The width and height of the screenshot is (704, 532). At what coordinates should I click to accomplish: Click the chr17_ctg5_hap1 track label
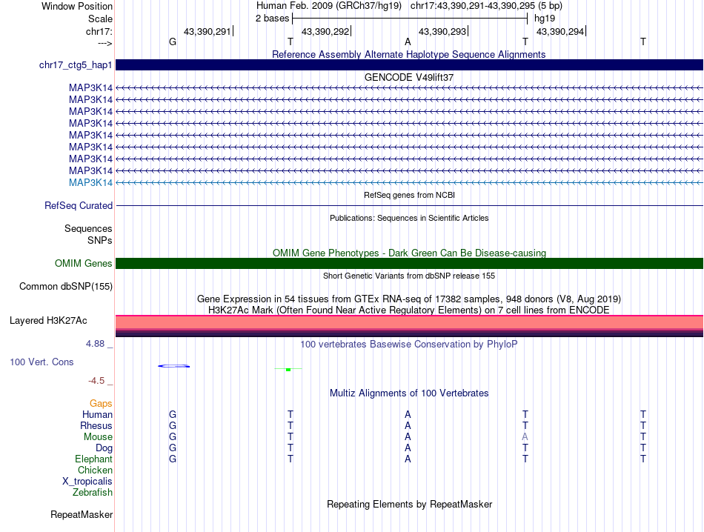click(x=76, y=65)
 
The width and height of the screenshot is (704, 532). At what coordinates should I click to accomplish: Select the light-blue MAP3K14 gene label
click(x=90, y=182)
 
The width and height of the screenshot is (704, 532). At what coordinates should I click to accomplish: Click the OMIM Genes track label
click(x=84, y=263)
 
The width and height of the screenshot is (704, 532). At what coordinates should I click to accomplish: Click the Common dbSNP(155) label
click(x=66, y=286)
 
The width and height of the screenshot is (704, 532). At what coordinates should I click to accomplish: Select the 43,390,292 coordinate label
click(x=325, y=31)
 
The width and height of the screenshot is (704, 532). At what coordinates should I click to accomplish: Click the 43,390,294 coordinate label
click(x=559, y=31)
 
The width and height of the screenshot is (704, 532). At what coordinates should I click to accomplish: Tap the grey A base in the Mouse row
click(x=525, y=437)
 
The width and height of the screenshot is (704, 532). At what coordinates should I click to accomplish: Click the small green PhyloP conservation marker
click(x=288, y=369)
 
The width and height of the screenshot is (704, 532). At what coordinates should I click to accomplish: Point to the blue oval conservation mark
click(x=174, y=366)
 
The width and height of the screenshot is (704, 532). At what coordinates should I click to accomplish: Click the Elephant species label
click(x=93, y=459)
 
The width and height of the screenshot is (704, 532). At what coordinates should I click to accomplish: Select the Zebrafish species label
click(x=93, y=492)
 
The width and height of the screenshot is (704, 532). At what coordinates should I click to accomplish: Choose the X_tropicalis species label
click(x=87, y=481)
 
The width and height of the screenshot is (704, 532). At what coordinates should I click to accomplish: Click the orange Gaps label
click(x=101, y=403)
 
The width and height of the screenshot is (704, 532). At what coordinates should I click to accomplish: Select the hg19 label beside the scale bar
click(x=544, y=18)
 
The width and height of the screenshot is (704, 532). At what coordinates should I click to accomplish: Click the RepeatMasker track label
click(x=82, y=514)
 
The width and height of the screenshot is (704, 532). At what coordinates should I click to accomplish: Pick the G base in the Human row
click(x=173, y=415)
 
